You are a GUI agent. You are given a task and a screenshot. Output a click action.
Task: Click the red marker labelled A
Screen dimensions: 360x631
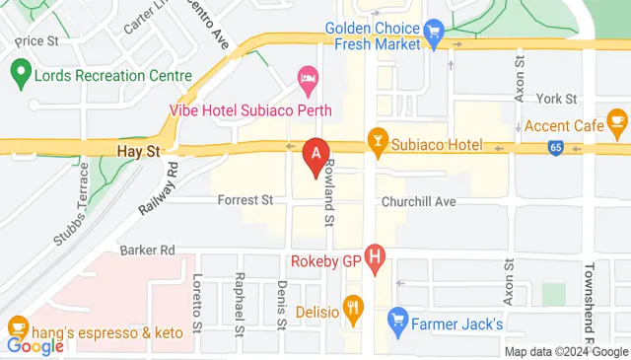pyautogui.click(x=315, y=156)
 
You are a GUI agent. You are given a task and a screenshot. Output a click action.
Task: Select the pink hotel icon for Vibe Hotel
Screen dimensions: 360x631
pyautogui.click(x=308, y=77)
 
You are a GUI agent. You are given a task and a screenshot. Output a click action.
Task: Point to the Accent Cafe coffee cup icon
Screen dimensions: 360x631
pyautogui.click(x=618, y=124)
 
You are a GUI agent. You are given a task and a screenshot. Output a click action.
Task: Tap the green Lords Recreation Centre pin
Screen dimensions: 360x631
pyautogui.click(x=19, y=71)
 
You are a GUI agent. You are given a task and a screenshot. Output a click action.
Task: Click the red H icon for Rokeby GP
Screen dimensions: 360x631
pyautogui.click(x=374, y=260)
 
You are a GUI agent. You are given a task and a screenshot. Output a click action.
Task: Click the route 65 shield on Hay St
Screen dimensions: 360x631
pyautogui.click(x=557, y=148)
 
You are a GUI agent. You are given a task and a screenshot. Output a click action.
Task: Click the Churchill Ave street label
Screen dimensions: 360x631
pyautogui.click(x=419, y=200)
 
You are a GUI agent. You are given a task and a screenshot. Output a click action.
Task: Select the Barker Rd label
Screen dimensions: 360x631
pyautogui.click(x=147, y=250)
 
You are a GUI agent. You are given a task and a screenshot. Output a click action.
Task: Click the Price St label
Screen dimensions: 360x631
pyautogui.click(x=37, y=41)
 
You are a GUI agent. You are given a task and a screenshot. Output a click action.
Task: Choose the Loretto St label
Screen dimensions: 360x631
pyautogui.click(x=197, y=302)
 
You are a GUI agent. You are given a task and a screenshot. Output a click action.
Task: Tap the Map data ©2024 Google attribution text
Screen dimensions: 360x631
pyautogui.click(x=566, y=351)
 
